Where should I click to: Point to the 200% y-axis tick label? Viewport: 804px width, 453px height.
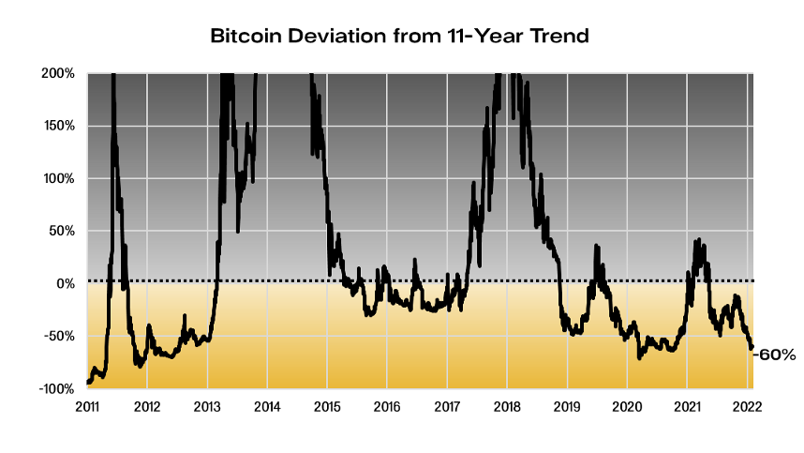point(58,73)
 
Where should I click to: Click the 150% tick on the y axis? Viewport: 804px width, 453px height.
point(59,126)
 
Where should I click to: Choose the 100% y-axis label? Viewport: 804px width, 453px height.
point(59,178)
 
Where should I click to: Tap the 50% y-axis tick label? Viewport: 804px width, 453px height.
point(62,231)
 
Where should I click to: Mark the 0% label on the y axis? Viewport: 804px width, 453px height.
point(66,283)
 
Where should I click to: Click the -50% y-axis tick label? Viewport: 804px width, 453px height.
point(60,336)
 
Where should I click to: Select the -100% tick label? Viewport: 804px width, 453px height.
point(57,388)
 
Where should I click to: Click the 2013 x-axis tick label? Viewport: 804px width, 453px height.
point(207,407)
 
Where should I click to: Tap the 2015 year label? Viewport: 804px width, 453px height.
point(327,407)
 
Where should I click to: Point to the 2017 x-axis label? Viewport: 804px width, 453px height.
point(447,407)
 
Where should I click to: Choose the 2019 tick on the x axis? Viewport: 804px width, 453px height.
point(567,407)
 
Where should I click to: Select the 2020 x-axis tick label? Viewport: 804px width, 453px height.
point(627,407)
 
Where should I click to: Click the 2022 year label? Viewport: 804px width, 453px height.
point(747,407)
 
